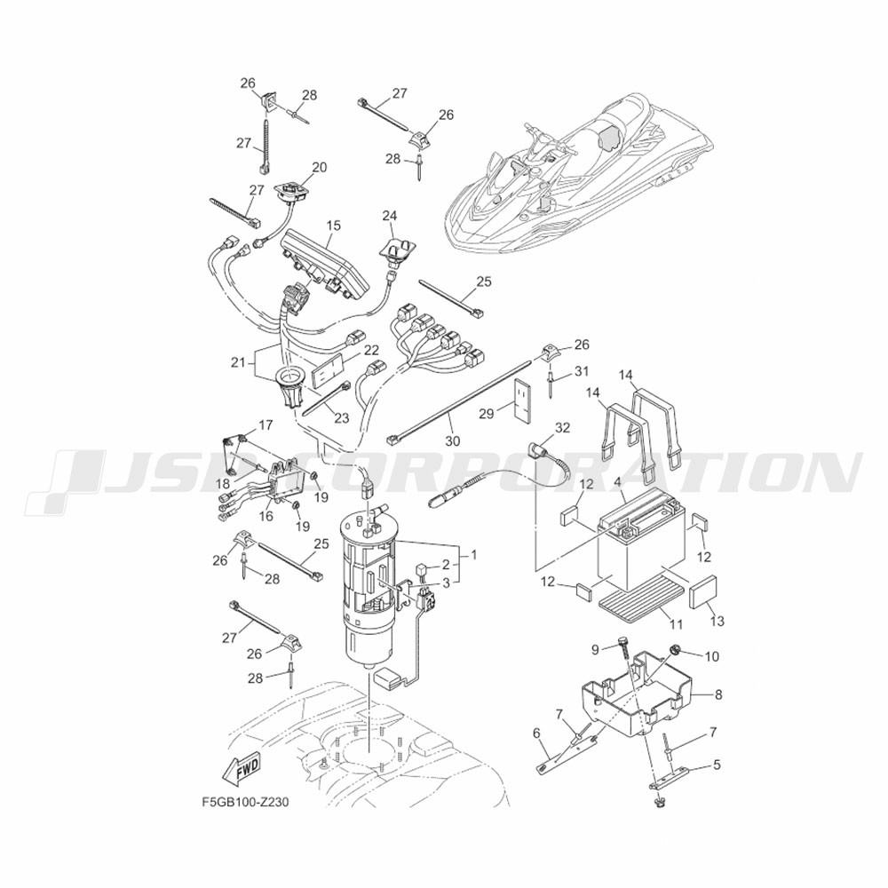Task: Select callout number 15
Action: click(333, 226)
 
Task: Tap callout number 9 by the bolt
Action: click(596, 649)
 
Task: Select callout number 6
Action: click(536, 733)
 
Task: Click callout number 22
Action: click(371, 350)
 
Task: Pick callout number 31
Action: click(581, 370)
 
